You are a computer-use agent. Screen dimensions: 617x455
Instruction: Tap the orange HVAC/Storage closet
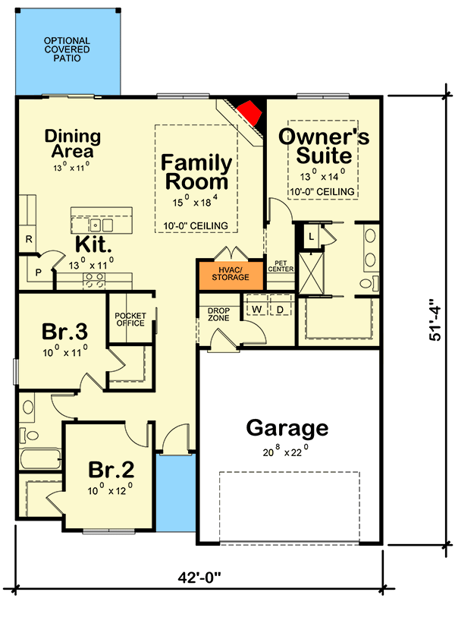224,273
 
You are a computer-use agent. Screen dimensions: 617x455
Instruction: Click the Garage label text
287,429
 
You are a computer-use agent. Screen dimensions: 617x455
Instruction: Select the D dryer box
278,310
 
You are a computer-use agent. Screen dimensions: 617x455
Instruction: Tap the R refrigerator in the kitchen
27,240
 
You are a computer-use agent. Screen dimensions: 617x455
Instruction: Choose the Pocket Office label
130,320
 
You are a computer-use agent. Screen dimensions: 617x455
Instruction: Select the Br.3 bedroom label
64,333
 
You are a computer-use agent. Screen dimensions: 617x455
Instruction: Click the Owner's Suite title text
324,146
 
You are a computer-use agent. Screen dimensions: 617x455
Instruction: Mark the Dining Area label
72,143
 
